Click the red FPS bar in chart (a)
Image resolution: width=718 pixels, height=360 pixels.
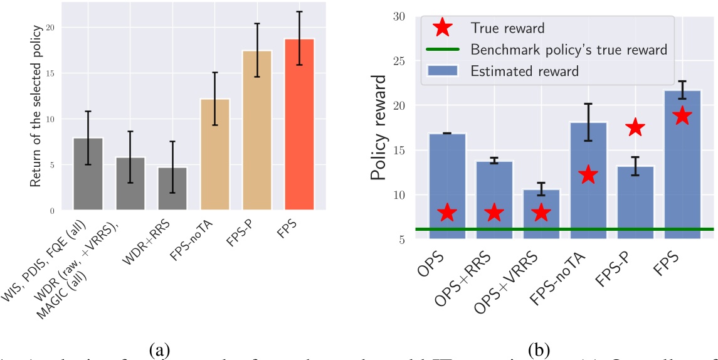coord(299,125)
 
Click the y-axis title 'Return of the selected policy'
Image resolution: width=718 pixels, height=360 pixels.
coord(37,107)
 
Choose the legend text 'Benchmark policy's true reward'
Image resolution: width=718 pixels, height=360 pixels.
coord(569,49)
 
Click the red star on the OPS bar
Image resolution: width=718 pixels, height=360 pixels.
coord(446,213)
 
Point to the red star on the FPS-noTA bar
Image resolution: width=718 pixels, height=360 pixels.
coord(588,175)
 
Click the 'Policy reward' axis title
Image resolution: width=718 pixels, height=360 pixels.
coord(378,127)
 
